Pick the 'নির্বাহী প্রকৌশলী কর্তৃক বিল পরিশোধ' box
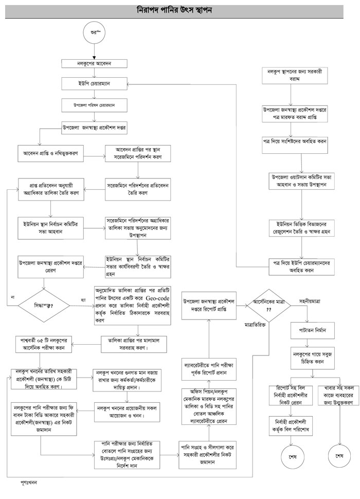[x=292, y=424]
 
